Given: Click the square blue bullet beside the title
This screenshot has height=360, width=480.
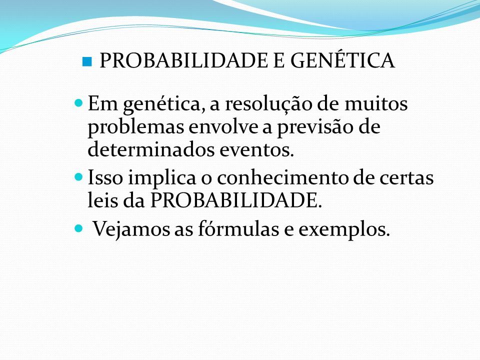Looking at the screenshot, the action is (x=87, y=61).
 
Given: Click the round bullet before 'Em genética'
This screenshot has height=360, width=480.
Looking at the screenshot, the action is (x=79, y=103).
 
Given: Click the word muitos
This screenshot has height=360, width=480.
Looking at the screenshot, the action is (x=376, y=103).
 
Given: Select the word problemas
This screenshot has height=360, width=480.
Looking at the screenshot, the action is (x=136, y=127).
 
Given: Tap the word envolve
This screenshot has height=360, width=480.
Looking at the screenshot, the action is (x=223, y=126).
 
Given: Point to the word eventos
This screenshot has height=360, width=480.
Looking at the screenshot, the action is (x=257, y=150).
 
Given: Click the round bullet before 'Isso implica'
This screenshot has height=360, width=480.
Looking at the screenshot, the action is (x=79, y=177).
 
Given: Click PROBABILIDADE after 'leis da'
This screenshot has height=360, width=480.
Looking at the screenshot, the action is (x=236, y=200).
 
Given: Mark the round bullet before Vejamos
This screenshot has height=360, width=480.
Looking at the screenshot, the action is (x=79, y=228).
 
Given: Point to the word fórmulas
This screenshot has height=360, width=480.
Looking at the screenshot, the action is (x=238, y=228).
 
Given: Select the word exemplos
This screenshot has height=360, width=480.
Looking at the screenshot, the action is (x=344, y=230).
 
